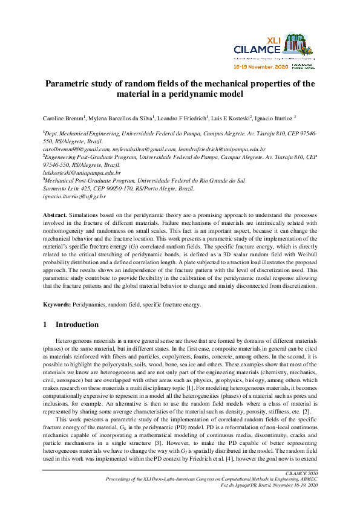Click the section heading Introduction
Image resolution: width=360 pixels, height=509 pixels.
point(76,325)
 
